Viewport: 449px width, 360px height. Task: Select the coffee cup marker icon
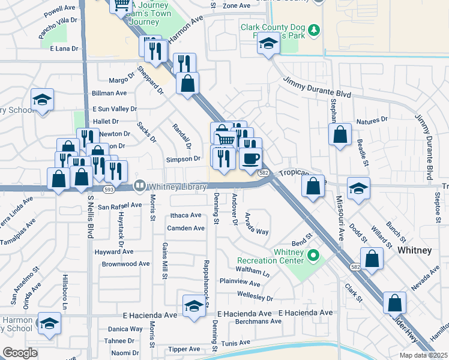pyautogui.click(x=250, y=158)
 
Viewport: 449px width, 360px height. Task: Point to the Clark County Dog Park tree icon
pyautogui.click(x=313, y=29)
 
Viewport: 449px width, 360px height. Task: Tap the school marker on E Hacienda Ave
pyautogui.click(x=193, y=306)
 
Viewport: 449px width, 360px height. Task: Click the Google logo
pyautogui.click(x=20, y=353)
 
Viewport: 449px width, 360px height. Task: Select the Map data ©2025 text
pyautogui.click(x=423, y=355)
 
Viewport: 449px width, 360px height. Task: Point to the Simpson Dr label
pyautogui.click(x=183, y=159)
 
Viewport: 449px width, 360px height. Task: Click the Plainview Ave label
pyautogui.click(x=240, y=282)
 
